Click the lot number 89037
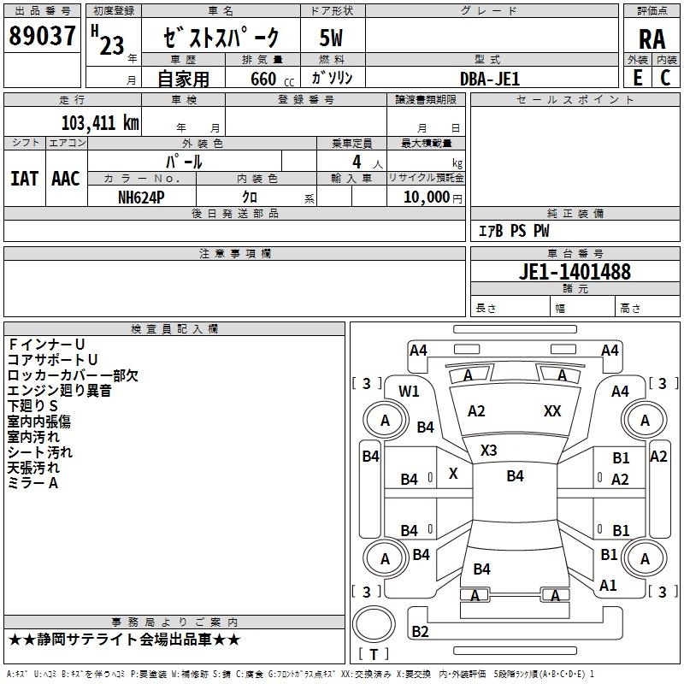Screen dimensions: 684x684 [41, 36]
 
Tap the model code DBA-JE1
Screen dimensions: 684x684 [490, 79]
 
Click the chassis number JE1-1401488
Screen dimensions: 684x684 [575, 272]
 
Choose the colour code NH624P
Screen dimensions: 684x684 [141, 196]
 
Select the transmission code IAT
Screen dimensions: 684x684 [24, 179]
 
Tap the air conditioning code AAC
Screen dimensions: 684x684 [65, 179]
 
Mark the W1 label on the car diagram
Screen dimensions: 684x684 [409, 392]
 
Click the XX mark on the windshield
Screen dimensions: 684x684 [552, 411]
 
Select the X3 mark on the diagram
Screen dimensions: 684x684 [489, 450]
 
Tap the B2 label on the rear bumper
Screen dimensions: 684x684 [420, 632]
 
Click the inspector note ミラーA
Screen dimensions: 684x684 [32, 483]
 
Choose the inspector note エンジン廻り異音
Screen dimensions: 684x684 [59, 391]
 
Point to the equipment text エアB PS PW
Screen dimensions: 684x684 [513, 231]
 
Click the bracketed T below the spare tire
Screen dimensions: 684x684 [373, 655]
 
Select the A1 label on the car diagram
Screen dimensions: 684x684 [609, 586]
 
